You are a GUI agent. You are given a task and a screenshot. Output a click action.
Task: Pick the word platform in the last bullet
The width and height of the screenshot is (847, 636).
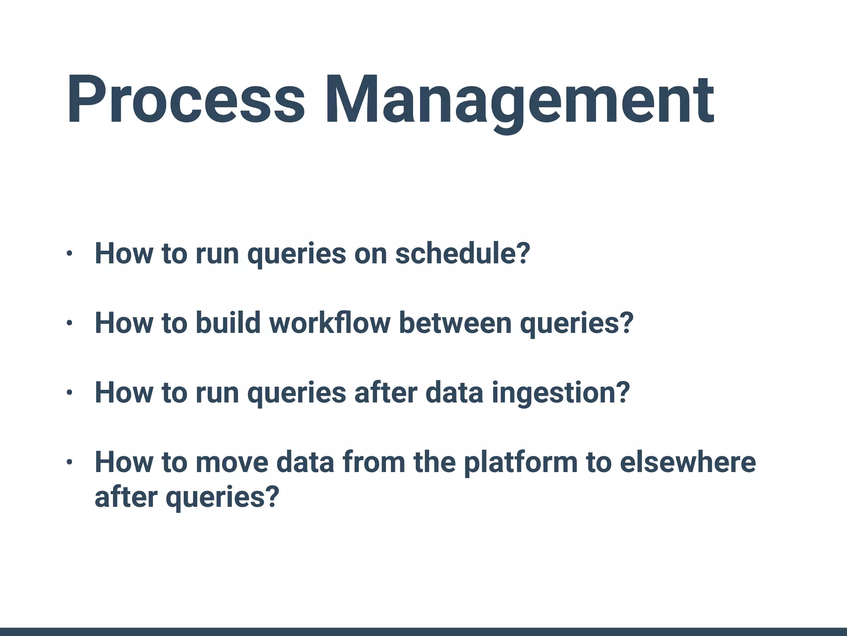[x=520, y=462]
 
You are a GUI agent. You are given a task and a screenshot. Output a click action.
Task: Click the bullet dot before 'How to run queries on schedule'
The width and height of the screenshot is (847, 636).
[x=69, y=253]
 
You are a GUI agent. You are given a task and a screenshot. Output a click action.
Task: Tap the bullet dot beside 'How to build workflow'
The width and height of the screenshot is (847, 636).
[x=69, y=323]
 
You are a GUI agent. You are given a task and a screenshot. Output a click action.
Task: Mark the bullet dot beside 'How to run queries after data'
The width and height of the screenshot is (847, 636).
[x=69, y=393]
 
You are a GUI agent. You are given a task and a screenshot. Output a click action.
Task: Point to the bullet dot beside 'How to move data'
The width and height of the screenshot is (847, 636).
[x=69, y=462]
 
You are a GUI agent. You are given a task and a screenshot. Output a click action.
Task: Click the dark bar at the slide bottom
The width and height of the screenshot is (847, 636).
[x=423, y=632]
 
